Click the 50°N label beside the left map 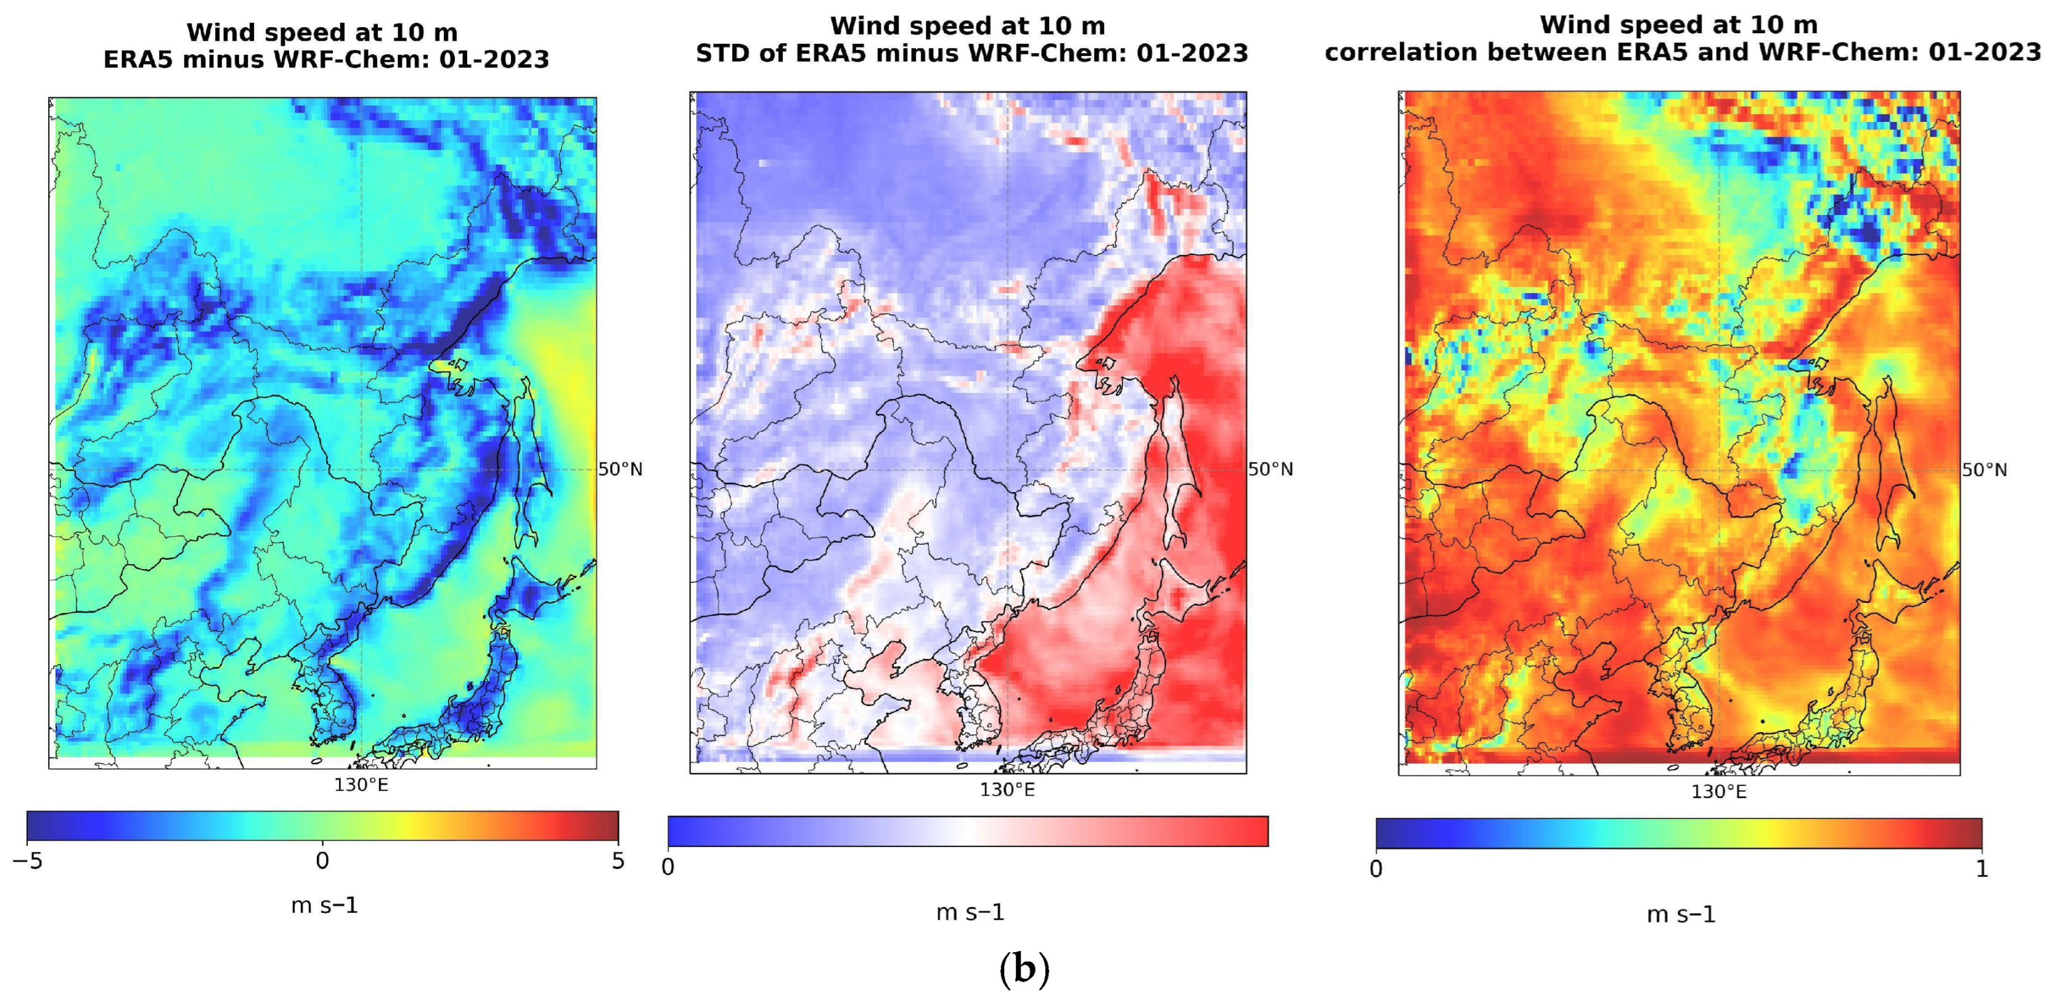pos(620,469)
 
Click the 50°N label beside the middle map pos(1270,469)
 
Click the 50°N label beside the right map pos(1984,469)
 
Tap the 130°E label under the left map pos(361,785)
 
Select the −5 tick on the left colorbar pos(27,861)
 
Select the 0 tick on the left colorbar pos(322,861)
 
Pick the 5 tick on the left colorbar pos(618,861)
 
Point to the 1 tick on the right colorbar pos(1982,869)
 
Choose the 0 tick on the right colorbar pos(1376,869)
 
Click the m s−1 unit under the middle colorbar pos(970,912)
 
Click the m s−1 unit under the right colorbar pos(1681,915)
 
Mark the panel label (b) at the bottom pos(1024,969)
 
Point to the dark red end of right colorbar pos(1971,833)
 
